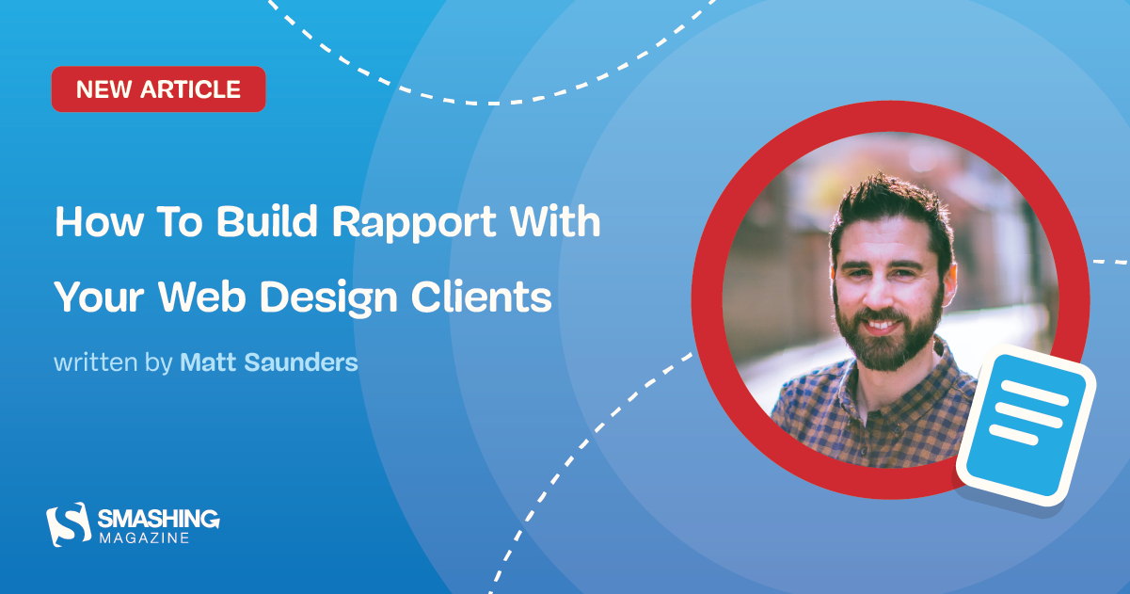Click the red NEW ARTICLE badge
pos(158,89)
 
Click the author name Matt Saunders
pos(268,362)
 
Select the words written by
pos(113,362)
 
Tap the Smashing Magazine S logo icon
pos(68,524)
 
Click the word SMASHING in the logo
pos(158,519)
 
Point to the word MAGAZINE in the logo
pos(144,538)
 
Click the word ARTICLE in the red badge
pos(193,89)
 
